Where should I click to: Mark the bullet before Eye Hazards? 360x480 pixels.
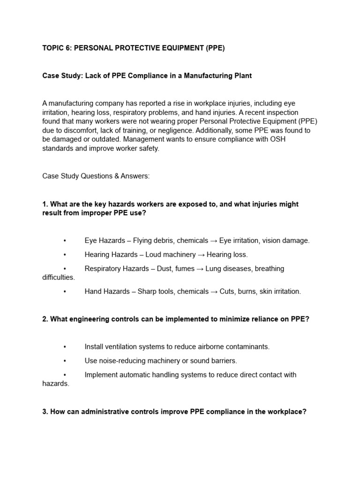[64, 240]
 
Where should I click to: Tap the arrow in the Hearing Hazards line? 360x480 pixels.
[200, 255]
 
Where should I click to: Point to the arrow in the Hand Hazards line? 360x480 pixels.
[213, 291]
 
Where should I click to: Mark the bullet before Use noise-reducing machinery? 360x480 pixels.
[64, 360]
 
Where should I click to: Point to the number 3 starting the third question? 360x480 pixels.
[45, 412]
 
